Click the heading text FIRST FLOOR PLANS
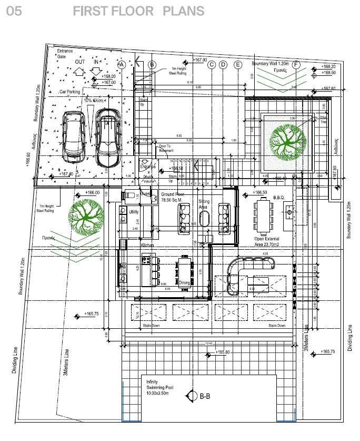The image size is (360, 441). tap(138, 11)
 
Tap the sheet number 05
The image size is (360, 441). tap(14, 11)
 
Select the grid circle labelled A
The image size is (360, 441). tap(122, 65)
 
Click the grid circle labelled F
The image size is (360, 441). tap(296, 65)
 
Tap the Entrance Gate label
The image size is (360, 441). tap(65, 53)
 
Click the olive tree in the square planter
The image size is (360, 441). tap(287, 141)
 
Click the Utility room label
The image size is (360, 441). tap(134, 211)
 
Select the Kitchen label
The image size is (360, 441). tap(147, 246)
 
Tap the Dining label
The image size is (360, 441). tap(184, 282)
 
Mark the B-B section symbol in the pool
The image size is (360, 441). tap(201, 396)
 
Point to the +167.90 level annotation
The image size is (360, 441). tap(199, 61)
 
